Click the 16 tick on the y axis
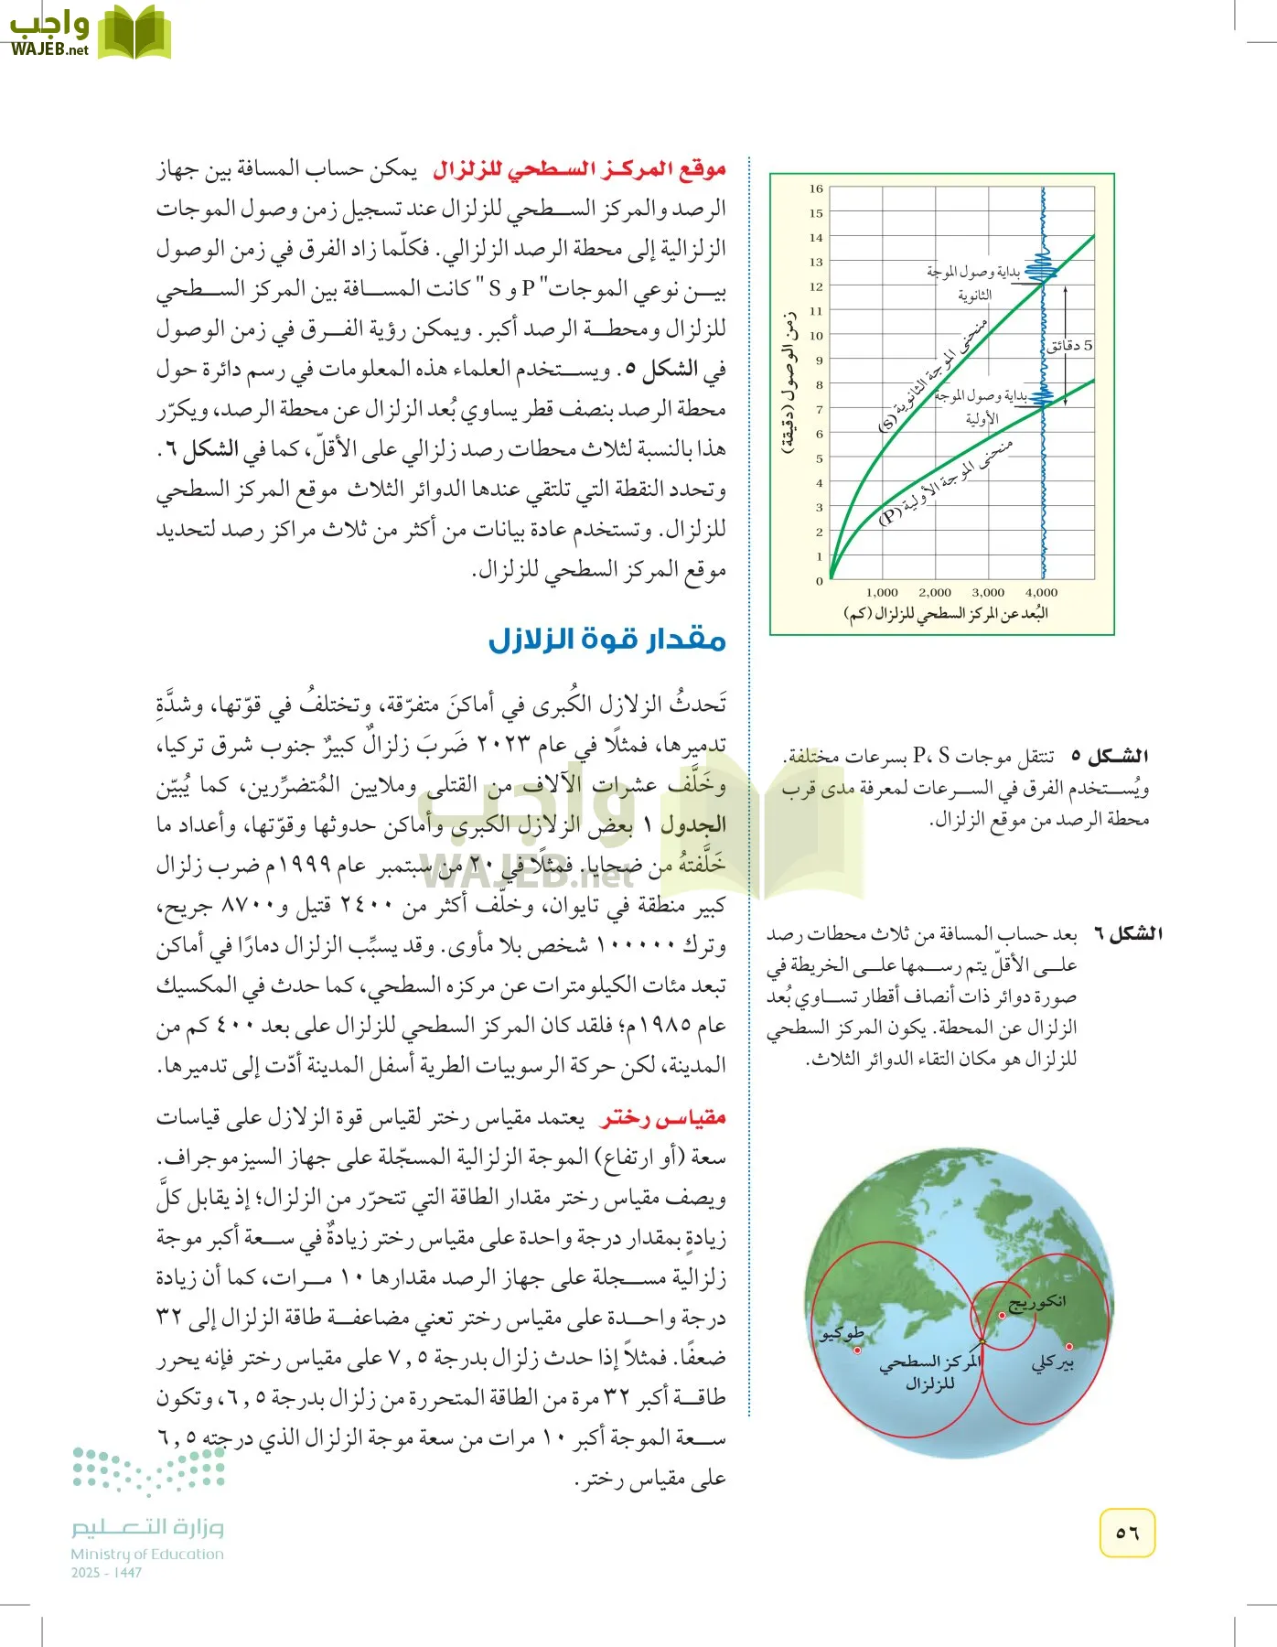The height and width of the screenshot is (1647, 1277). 816,189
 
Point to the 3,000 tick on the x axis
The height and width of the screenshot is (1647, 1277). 988,593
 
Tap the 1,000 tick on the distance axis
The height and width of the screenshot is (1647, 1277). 882,593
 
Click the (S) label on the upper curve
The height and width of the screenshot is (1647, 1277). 887,424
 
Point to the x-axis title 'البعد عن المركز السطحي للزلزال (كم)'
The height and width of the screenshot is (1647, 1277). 945,614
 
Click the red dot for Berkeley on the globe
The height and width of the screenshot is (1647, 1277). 1068,1346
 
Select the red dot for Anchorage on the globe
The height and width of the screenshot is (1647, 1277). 1003,1316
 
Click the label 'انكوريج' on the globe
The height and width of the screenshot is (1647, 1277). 1036,1301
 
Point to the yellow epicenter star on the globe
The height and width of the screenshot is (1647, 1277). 982,1342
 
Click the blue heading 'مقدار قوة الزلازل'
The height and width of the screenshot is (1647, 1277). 606,639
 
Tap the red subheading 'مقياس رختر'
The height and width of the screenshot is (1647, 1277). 663,1118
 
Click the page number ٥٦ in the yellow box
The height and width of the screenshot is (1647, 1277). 1127,1532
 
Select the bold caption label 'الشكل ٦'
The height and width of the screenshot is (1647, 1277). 1129,934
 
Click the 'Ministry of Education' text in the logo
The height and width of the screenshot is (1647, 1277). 147,1554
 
